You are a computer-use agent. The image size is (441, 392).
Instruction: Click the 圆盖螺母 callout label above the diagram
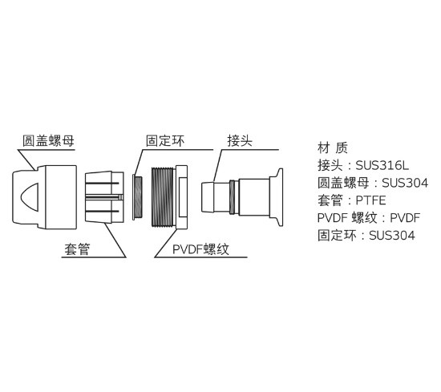pos(48,140)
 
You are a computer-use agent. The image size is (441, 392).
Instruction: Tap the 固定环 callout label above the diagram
pos(165,140)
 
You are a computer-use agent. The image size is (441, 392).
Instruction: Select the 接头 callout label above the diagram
pos(240,140)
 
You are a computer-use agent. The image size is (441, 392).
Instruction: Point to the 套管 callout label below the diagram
pos(77,249)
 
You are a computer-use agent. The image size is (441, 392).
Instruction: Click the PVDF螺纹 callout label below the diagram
pos(200,249)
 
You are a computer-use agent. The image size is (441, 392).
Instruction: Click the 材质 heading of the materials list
pos(333,148)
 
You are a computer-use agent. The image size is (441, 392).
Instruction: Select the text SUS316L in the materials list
pos(382,165)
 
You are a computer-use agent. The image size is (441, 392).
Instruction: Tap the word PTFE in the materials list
pos(370,200)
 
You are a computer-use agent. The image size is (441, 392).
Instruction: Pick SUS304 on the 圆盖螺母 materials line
pos(405,183)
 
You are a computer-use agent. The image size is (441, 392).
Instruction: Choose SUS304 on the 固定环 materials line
pos(392,236)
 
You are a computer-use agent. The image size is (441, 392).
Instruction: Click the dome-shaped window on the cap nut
pos(30,197)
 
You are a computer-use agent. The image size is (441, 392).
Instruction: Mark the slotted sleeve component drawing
pos(104,197)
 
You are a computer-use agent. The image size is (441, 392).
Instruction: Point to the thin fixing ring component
pos(137,197)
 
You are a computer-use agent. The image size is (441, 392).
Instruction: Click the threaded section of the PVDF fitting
pos(163,197)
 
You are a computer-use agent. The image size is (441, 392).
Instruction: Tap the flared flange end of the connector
pos(276,197)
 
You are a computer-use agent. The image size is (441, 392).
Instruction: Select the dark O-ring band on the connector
pos(232,197)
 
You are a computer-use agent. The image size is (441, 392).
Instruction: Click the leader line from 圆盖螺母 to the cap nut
pos(27,160)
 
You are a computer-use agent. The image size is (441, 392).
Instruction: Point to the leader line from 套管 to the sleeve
pos(115,240)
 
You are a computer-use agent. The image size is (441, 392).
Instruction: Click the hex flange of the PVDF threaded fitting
pos(180,197)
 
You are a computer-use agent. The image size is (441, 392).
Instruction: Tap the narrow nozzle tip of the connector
pos(208,197)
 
